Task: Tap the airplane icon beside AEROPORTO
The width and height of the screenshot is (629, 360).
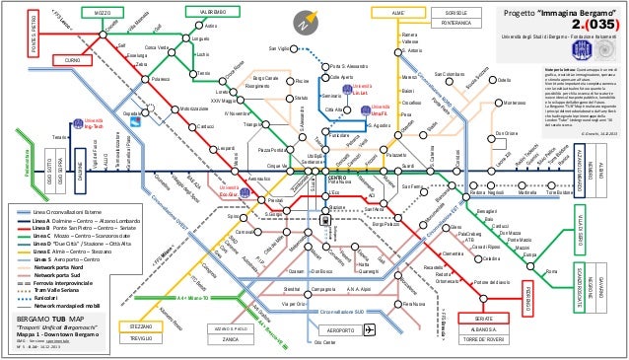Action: tap(370, 329)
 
